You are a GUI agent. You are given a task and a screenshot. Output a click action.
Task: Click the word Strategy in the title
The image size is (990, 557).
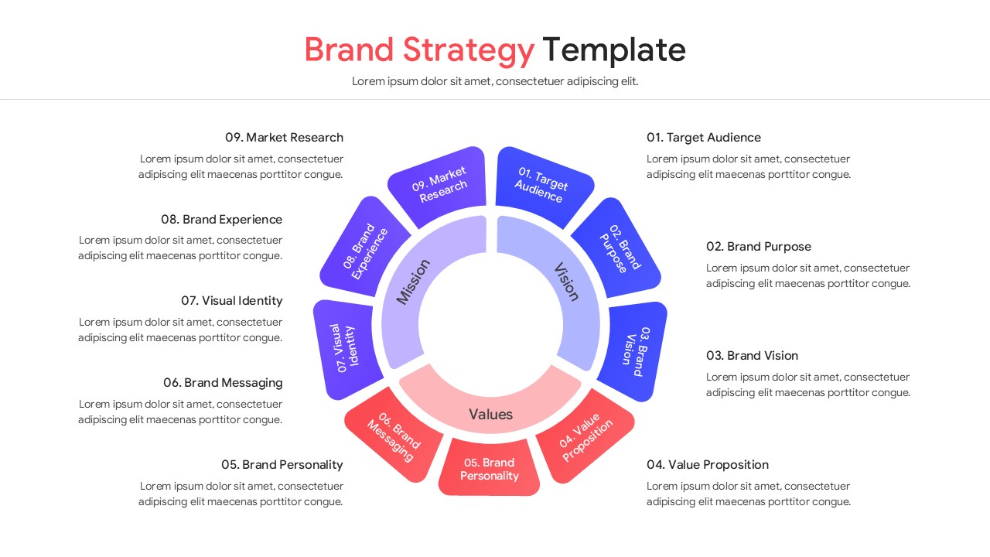(x=468, y=50)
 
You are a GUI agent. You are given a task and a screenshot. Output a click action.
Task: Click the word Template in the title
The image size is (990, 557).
(x=613, y=50)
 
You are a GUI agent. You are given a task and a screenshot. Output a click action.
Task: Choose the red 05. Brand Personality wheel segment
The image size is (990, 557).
(x=488, y=469)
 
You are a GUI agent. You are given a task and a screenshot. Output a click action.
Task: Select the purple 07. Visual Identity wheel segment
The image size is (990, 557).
(x=346, y=349)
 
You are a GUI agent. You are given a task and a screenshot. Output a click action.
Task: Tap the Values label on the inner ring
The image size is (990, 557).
(x=490, y=415)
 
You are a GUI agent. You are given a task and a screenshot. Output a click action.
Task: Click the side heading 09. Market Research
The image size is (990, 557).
(x=284, y=138)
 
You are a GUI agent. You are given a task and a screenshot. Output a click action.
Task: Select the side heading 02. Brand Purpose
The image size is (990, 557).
(x=758, y=247)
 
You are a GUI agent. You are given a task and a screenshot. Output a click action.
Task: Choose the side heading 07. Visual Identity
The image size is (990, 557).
(x=231, y=301)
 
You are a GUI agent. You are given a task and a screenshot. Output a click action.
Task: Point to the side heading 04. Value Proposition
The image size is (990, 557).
(x=707, y=465)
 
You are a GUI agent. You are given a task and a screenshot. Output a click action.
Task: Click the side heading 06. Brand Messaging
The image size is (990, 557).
(x=223, y=383)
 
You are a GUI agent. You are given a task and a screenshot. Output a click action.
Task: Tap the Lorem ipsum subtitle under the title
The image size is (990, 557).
(x=495, y=81)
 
